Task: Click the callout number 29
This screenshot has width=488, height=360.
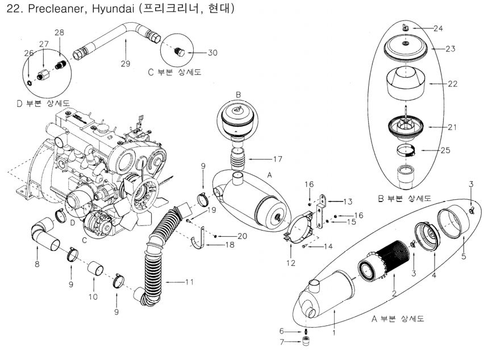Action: pyautogui.click(x=125, y=63)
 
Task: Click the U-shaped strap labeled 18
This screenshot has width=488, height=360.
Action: pyautogui.click(x=198, y=239)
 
